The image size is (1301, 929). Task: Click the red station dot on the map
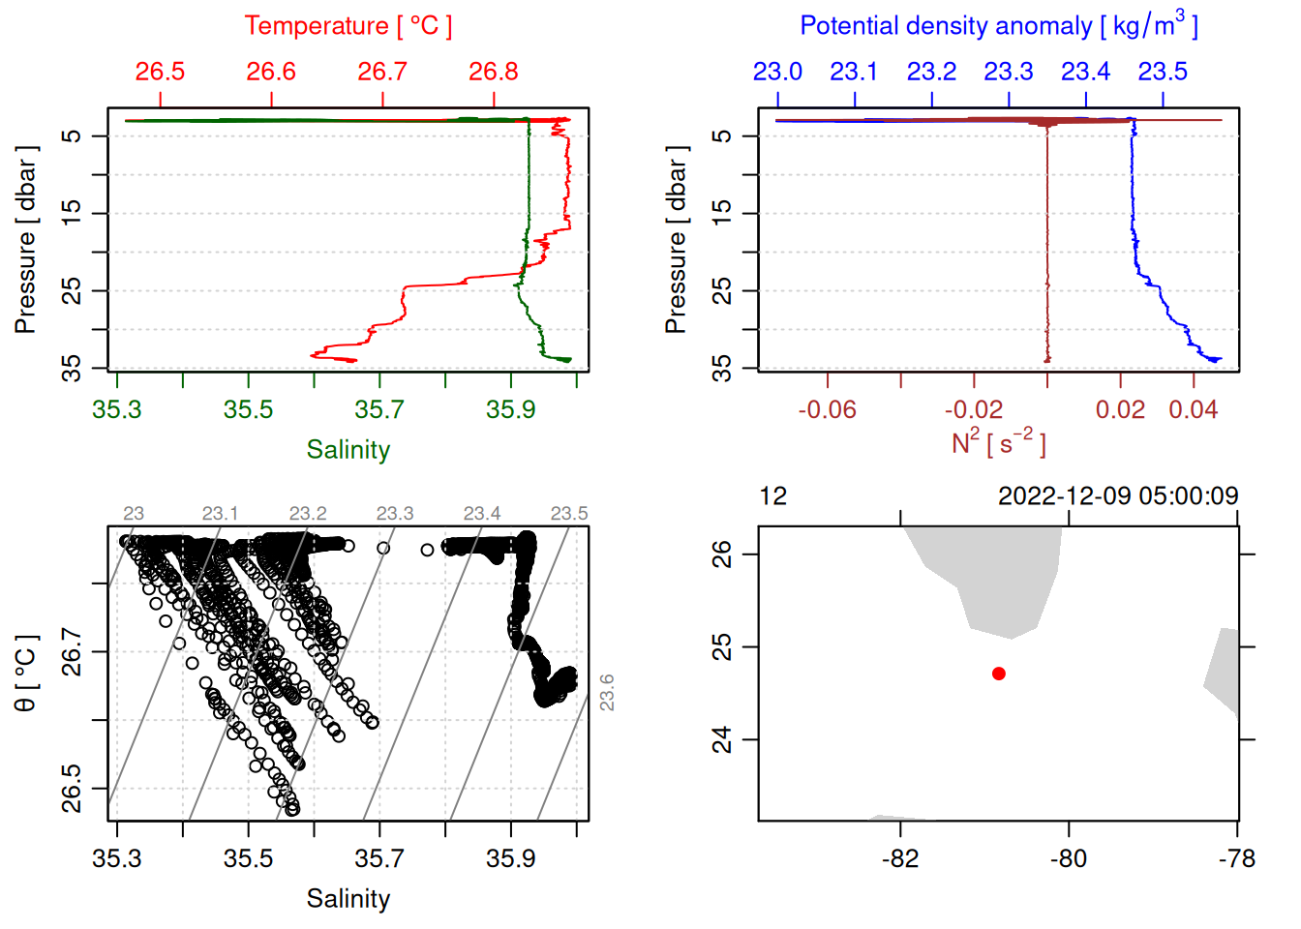point(998,674)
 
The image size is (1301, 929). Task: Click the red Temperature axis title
point(348,26)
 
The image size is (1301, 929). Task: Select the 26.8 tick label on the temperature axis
point(494,72)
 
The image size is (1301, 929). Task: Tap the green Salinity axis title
point(348,450)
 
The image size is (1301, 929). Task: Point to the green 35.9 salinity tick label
point(510,409)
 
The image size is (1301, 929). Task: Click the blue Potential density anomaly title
point(998,26)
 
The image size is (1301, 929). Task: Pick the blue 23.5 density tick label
point(1162,72)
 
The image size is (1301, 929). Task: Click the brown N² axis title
point(998,443)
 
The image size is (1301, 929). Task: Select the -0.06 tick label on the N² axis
point(827,409)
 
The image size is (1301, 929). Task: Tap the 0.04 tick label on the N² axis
point(1193,409)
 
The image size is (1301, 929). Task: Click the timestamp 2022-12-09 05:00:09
point(1117,496)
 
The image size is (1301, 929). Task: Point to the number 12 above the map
point(772,496)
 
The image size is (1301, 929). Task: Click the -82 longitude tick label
point(900,858)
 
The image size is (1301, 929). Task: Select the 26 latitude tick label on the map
point(722,554)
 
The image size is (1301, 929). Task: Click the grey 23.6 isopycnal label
point(607,693)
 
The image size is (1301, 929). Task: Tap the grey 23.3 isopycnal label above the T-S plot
point(394,513)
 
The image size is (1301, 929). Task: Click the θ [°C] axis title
point(25,674)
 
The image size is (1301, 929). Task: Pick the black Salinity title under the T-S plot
point(348,899)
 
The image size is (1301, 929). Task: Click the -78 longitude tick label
point(1237,858)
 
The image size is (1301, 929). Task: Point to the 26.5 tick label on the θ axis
point(72,789)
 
